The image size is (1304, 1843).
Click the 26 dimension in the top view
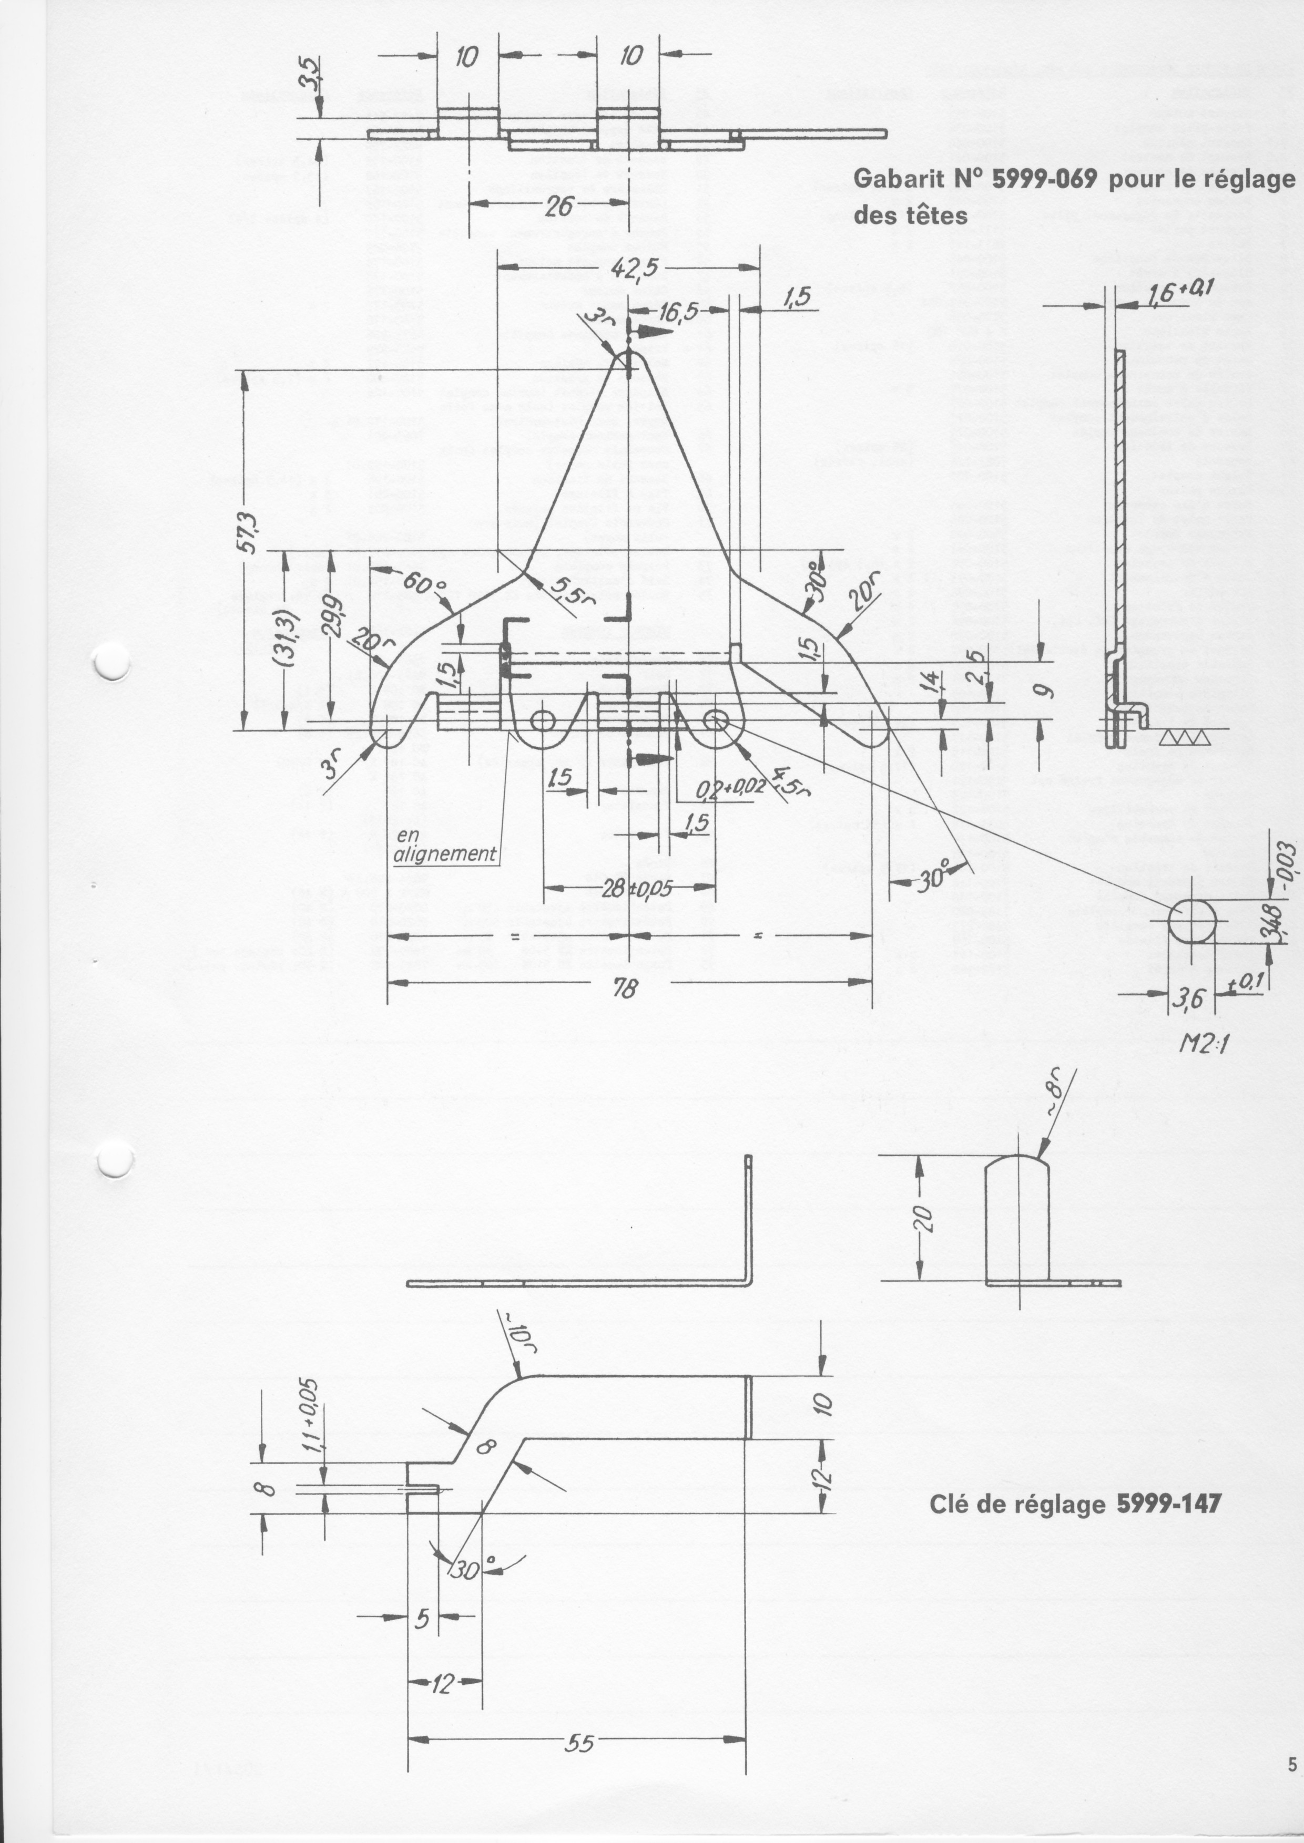[x=559, y=207]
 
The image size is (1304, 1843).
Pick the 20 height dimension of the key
[x=924, y=1219]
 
